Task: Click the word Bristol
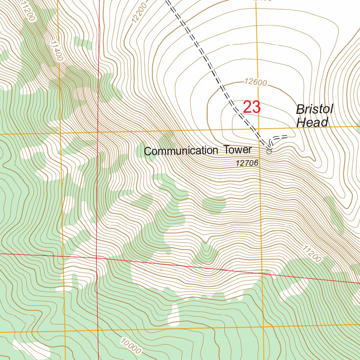tap(314, 109)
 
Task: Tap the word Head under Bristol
tap(312, 122)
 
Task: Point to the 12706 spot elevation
tap(247, 163)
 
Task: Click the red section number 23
tap(252, 107)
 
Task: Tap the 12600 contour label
tap(256, 83)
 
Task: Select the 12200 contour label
tap(138, 16)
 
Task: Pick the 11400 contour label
tap(56, 51)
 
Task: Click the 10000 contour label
tap(130, 346)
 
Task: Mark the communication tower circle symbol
tap(269, 152)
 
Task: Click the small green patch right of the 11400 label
tap(83, 44)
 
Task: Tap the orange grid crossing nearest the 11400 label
tap(60, 134)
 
